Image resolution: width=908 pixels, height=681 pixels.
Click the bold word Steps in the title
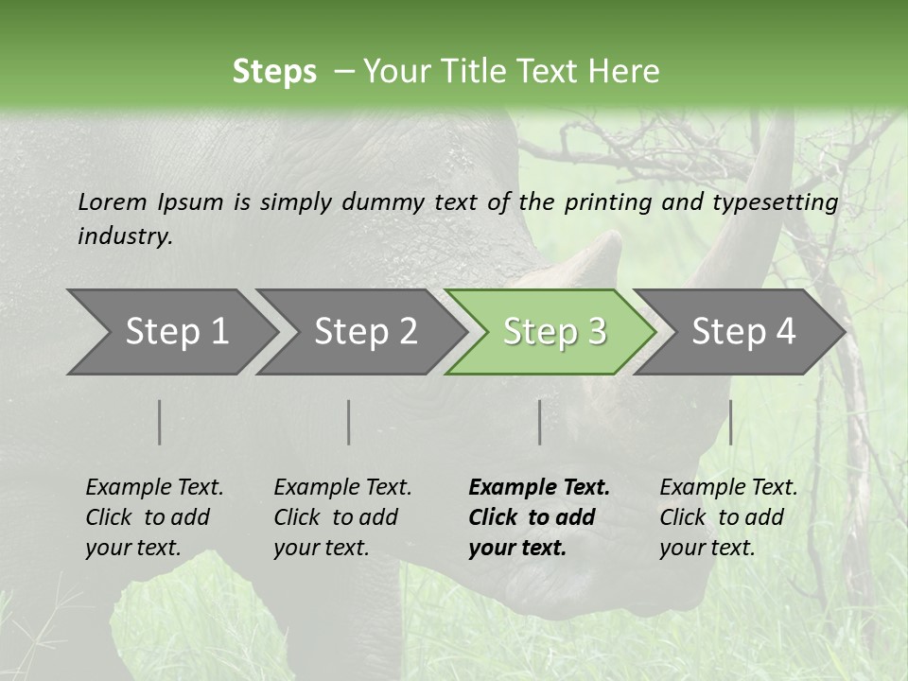tap(274, 71)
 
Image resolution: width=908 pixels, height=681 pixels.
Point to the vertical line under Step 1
tap(160, 422)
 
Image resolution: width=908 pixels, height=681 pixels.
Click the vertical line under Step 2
tap(349, 422)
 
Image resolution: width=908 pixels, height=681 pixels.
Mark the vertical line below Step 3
tap(540, 422)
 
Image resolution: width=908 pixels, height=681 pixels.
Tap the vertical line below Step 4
tap(730, 422)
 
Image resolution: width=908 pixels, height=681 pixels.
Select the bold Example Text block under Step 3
tap(539, 517)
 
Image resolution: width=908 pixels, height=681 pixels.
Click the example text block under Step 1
tap(154, 517)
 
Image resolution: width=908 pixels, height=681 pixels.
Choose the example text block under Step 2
tap(342, 517)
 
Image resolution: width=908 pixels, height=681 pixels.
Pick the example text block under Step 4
tap(728, 517)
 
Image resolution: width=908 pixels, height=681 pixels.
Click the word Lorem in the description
tap(113, 201)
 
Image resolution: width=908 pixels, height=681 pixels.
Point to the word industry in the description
tap(125, 236)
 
